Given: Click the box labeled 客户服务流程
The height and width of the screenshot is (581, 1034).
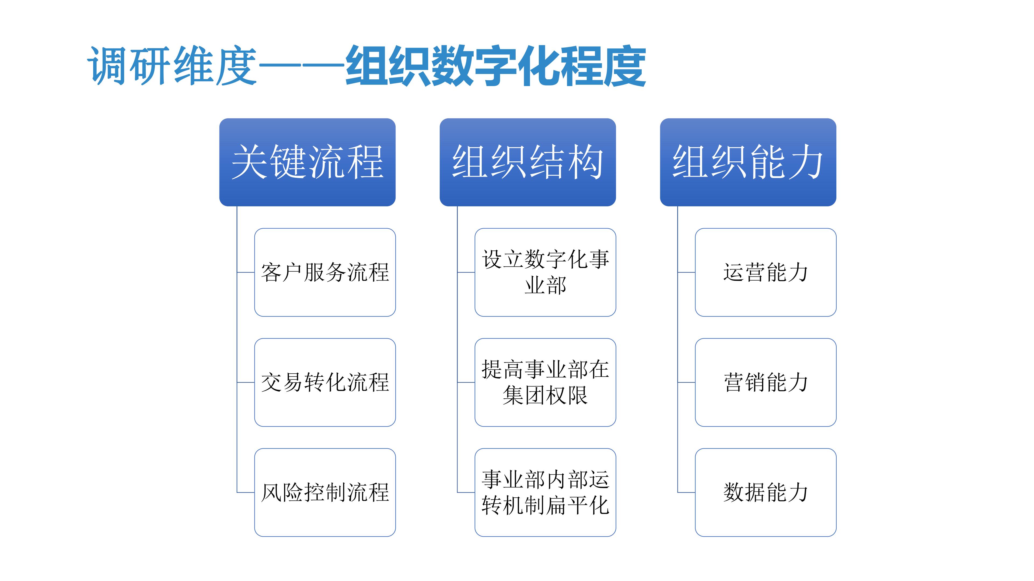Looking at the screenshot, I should [325, 272].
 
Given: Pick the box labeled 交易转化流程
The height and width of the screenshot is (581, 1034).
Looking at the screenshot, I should [325, 382].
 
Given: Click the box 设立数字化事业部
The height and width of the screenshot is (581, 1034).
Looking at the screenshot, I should [545, 272].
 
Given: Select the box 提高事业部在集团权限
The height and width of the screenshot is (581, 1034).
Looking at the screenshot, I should [545, 382].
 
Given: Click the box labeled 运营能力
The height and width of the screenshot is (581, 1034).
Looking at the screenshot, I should [766, 272].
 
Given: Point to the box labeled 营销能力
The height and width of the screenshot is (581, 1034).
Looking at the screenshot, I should [766, 382].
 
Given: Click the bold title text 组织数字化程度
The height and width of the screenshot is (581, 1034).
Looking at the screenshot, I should [496, 66].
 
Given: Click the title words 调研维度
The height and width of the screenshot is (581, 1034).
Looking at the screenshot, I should [172, 66].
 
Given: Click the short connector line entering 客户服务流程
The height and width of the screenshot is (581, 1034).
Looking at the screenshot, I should [246, 272].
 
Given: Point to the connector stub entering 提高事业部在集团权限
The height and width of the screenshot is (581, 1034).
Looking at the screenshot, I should [466, 382].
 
